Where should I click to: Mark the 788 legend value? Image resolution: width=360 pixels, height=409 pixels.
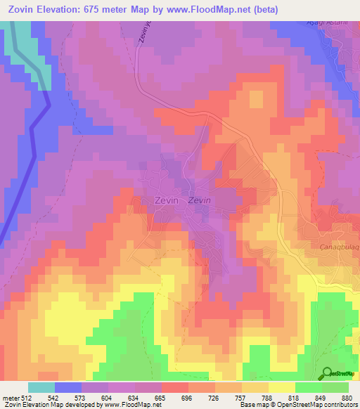point(268,397)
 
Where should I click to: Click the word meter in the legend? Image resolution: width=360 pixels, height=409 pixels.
point(11,397)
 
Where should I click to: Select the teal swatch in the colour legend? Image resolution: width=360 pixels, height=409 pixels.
point(41,387)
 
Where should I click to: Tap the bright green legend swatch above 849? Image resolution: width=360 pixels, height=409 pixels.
point(308,387)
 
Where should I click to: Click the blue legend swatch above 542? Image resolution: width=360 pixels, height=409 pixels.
point(68,387)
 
